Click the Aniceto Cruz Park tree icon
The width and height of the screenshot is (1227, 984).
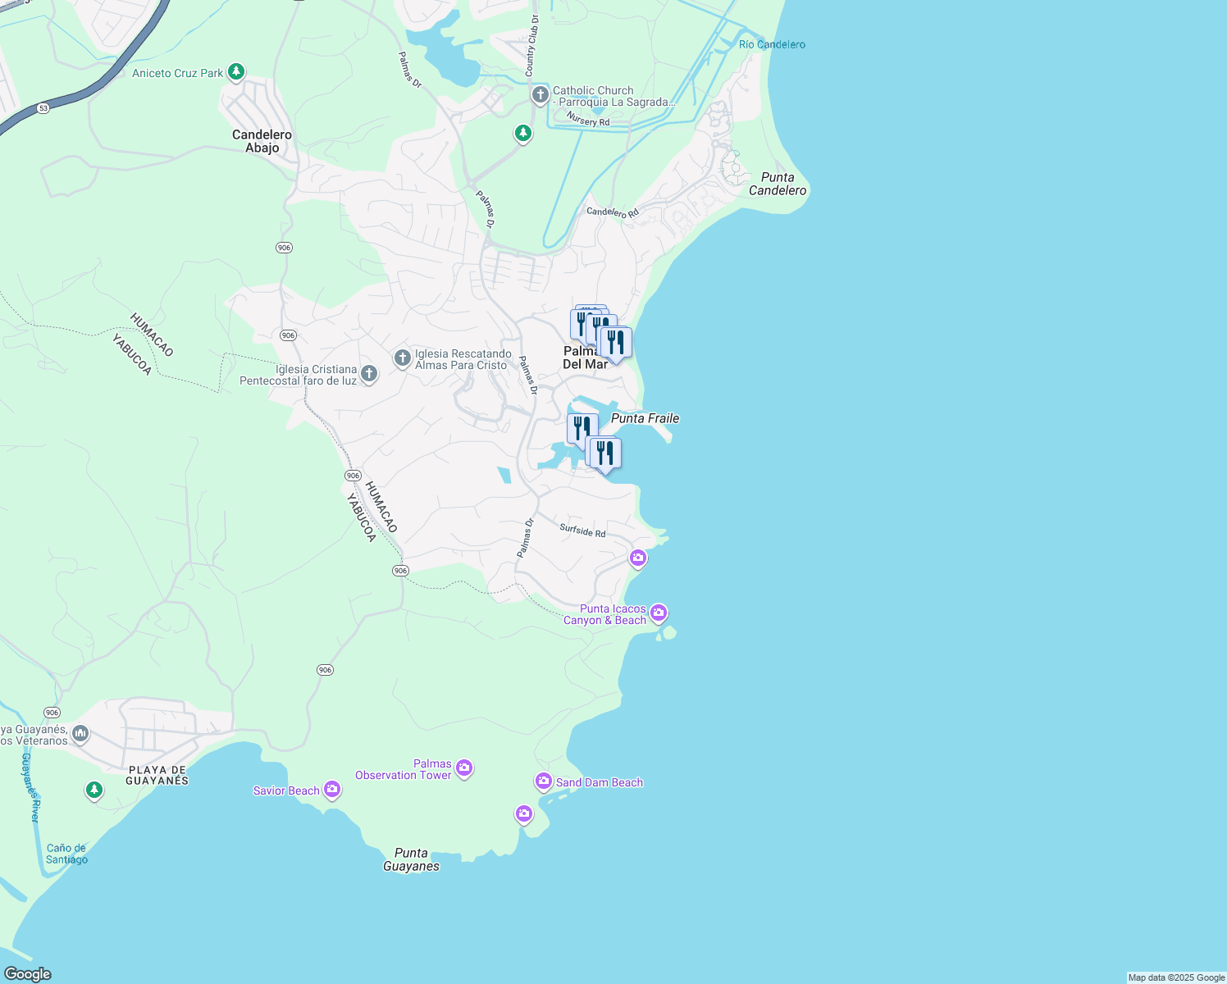coord(236,72)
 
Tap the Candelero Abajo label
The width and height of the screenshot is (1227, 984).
coord(262,141)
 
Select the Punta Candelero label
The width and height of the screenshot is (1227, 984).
coord(777,184)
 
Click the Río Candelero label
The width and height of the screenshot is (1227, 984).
coord(772,44)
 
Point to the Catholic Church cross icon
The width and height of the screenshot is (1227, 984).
coord(540,95)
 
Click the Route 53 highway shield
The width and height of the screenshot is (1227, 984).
coord(43,108)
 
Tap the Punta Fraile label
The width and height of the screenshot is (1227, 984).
coord(645,418)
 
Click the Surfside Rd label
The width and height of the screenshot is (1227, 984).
coord(582,531)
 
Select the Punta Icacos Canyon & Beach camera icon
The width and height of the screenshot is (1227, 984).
coord(658,613)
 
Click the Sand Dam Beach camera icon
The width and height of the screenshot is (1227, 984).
coord(543,781)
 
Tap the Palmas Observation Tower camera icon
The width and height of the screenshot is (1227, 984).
coord(464,768)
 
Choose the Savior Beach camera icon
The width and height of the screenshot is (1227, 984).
coord(331,789)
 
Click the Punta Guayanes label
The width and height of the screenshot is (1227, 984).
coord(411,859)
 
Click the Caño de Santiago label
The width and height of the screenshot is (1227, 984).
coord(66,854)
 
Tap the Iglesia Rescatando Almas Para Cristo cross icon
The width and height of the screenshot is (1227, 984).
coord(402,358)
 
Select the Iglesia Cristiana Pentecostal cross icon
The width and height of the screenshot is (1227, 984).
coord(369,374)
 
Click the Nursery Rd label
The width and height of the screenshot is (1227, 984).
coord(588,121)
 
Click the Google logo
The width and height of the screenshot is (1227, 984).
coord(27,974)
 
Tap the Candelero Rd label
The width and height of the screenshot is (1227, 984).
coord(612,212)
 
